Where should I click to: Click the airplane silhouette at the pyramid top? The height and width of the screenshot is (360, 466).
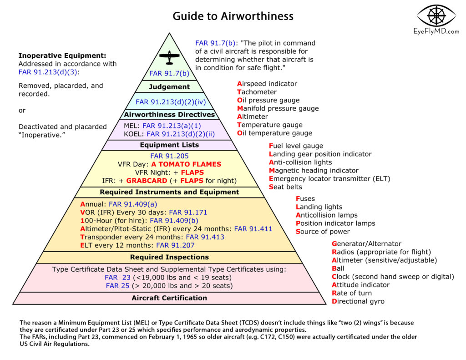point(169,57)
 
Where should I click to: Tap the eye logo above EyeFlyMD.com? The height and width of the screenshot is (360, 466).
point(436,15)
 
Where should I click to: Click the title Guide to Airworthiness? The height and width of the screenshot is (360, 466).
point(233,16)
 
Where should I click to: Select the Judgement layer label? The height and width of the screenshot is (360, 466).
point(169,87)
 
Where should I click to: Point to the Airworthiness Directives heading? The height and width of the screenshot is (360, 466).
point(169,114)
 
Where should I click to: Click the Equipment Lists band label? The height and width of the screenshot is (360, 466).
point(169,145)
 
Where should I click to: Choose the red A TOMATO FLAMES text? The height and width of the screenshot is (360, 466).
point(186,164)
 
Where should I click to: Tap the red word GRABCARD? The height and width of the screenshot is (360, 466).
point(147,181)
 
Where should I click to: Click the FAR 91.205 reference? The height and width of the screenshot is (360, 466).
point(169,156)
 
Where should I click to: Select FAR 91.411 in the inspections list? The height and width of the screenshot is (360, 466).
point(253,229)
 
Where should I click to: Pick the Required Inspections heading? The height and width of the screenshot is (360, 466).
point(169,257)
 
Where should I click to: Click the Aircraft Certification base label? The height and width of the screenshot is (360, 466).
point(169,298)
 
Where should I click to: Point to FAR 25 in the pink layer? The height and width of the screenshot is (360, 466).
point(118,286)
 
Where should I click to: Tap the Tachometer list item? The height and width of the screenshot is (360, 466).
point(257,92)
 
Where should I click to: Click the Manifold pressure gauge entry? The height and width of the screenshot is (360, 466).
point(278,108)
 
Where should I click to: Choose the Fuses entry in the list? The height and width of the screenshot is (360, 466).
point(305,198)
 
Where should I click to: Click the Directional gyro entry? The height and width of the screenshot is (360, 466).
point(358,301)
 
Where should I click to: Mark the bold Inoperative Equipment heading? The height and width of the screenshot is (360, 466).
point(62,56)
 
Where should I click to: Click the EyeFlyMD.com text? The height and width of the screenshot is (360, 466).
point(436,31)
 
